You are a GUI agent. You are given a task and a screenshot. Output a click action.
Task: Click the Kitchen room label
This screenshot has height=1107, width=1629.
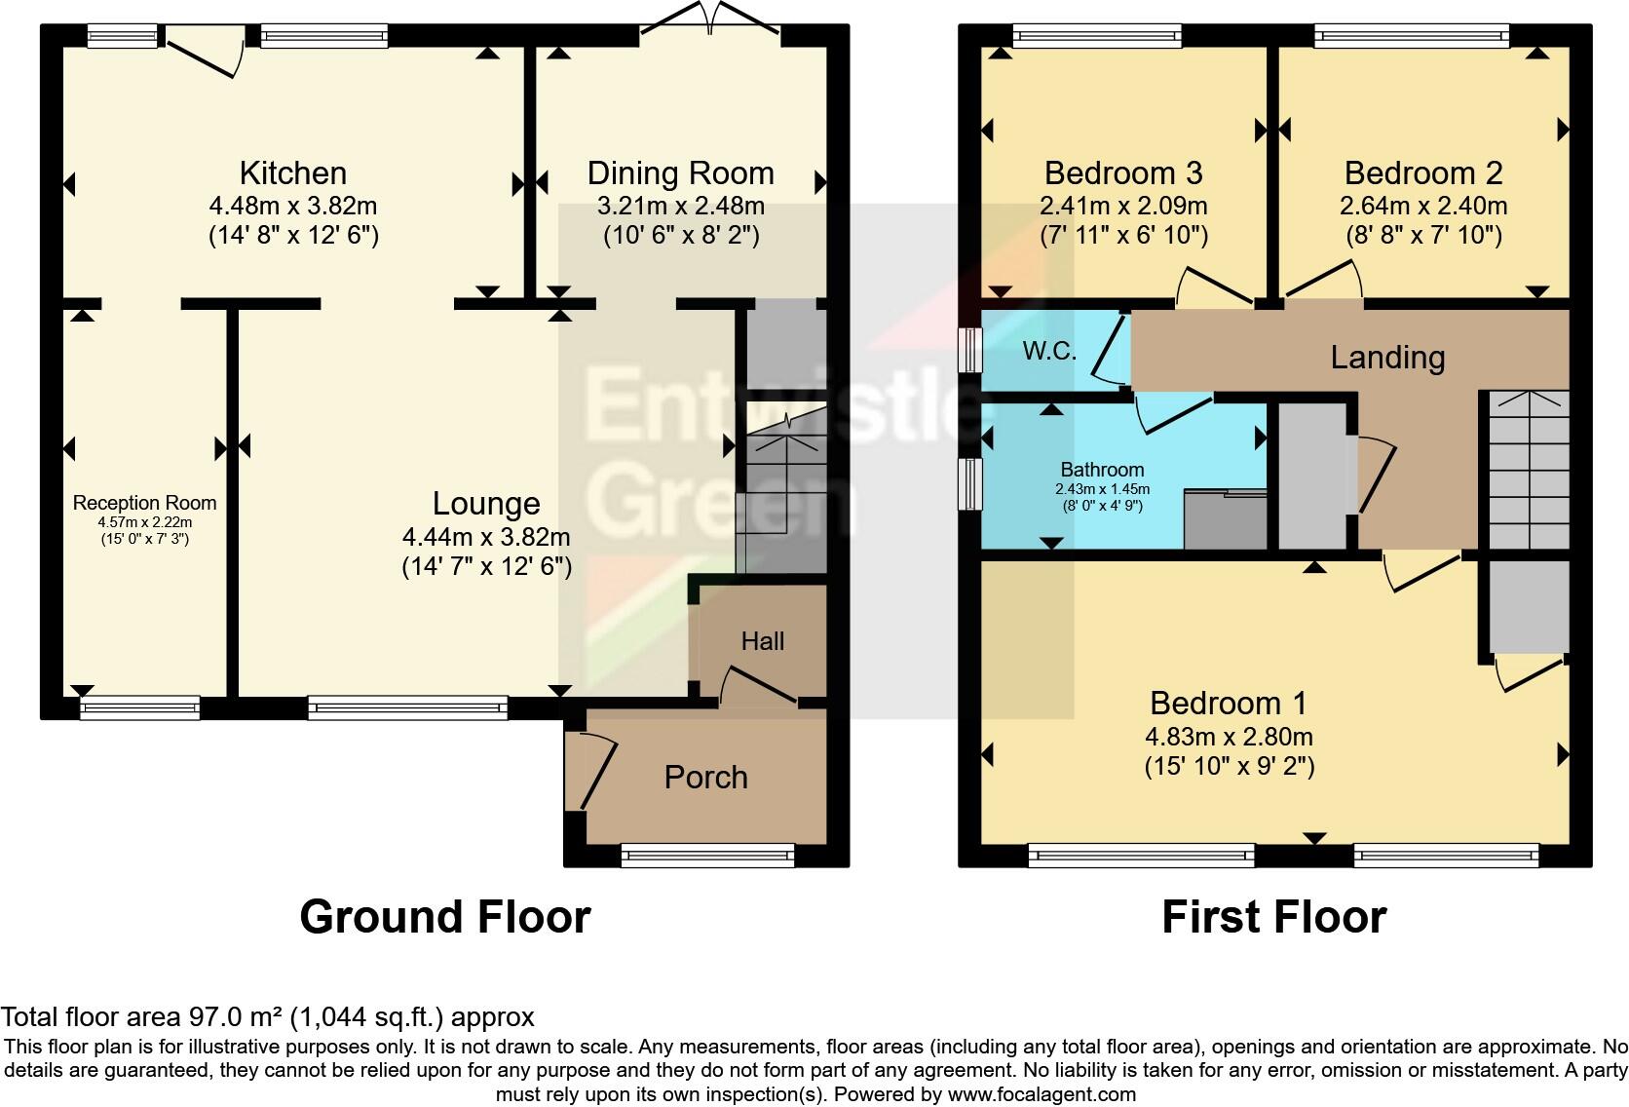292,173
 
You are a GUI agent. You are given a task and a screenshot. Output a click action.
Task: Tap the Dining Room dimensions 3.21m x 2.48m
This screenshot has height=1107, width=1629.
680,207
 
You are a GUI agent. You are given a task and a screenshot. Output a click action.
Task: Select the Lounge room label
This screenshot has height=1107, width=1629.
486,504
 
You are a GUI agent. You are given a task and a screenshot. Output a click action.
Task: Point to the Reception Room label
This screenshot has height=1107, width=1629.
144,503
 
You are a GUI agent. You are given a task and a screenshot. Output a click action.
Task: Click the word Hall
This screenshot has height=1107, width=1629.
762,641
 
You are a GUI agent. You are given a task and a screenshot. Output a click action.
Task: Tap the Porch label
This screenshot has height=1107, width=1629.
705,778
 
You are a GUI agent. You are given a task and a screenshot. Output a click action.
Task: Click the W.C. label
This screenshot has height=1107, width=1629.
1049,352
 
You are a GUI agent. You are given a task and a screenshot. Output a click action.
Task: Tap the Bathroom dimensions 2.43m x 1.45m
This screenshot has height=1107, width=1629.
1102,489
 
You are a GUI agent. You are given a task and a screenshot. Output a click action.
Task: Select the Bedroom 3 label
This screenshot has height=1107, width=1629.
1122,173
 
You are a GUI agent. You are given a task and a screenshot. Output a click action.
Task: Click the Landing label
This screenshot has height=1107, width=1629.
1387,358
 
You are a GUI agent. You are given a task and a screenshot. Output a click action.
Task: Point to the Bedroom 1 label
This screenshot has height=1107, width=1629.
1228,703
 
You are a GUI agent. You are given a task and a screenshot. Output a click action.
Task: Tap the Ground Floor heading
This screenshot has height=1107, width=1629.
444,917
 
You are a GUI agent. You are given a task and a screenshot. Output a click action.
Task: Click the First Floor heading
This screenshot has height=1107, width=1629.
1273,917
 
